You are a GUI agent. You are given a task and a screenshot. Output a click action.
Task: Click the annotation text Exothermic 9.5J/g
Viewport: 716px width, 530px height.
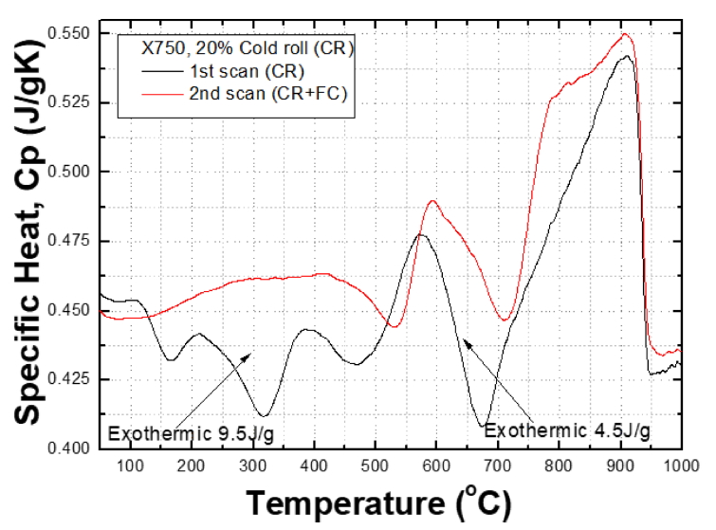(x=196, y=433)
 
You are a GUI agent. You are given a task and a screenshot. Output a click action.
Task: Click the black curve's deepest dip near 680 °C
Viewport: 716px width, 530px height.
(x=485, y=426)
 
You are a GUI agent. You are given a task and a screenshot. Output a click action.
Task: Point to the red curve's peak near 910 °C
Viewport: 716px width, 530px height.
(x=626, y=34)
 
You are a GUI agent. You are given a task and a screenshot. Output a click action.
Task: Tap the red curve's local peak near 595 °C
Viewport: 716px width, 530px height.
(x=433, y=201)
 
